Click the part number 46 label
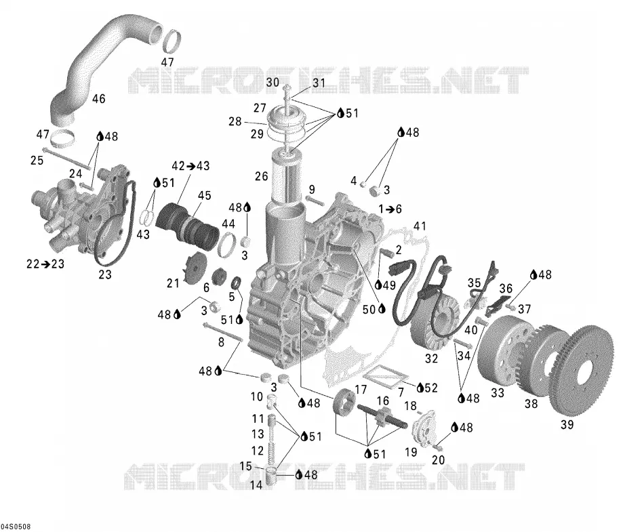coord(99,98)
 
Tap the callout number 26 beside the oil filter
coord(261,176)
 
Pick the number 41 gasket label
coord(420,226)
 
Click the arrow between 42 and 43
coord(190,166)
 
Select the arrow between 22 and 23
coord(45,264)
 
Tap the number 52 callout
coord(431,388)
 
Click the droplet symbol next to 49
coord(379,284)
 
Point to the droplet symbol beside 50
coord(382,308)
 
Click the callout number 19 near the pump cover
coord(411,452)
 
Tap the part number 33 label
coord(498,393)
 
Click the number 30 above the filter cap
coord(273,83)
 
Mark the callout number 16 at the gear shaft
coord(383,401)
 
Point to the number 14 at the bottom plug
coord(256,485)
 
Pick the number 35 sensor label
coord(475,283)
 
